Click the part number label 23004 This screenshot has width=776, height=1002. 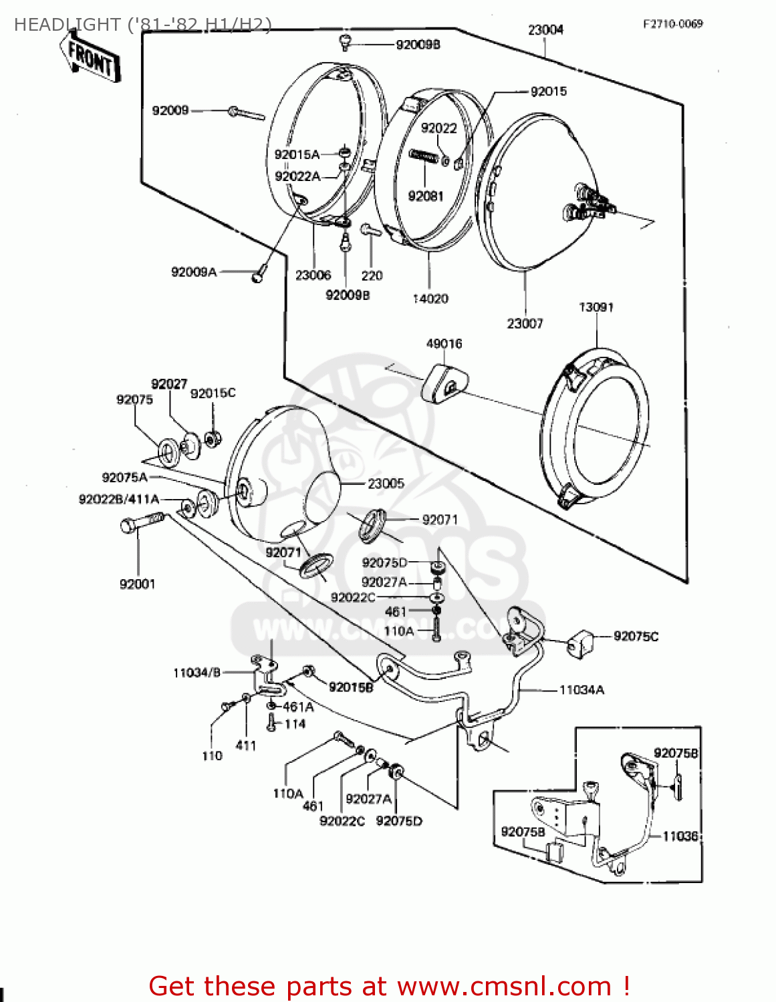click(545, 30)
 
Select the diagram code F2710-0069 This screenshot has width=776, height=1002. click(672, 24)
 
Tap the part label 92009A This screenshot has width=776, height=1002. click(194, 272)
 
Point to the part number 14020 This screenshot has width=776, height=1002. click(430, 299)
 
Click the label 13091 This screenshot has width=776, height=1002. click(596, 307)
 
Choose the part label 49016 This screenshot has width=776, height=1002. click(444, 344)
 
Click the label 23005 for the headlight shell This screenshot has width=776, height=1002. click(386, 484)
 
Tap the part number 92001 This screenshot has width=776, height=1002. click(137, 584)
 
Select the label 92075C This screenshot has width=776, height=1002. click(636, 637)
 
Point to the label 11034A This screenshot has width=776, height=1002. click(581, 690)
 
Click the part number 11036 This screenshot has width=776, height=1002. click(680, 836)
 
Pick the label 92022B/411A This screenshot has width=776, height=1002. click(119, 500)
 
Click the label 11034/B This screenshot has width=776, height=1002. click(197, 673)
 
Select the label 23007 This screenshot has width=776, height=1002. click(525, 324)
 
